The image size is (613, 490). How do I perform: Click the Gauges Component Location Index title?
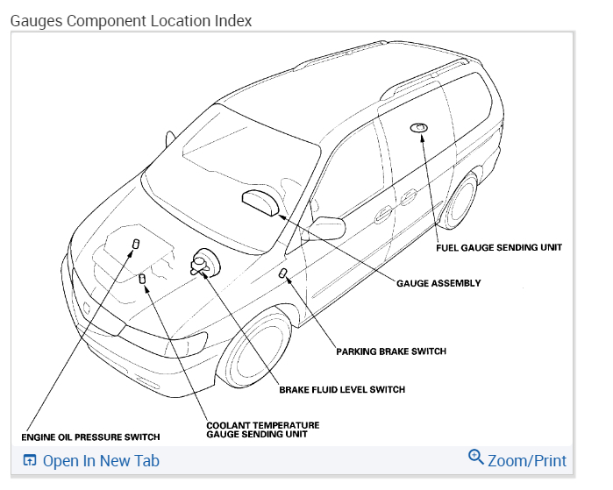[x=131, y=20]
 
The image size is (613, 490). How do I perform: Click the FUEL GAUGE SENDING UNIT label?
[x=499, y=247]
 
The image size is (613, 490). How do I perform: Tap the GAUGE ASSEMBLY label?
[x=438, y=283]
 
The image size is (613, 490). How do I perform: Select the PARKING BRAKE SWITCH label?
[x=391, y=352]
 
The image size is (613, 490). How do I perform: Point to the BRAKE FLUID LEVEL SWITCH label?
[x=342, y=389]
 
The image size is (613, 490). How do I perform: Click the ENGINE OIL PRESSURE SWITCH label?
[x=90, y=437]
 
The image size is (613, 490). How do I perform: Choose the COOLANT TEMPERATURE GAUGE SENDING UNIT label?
[x=262, y=430]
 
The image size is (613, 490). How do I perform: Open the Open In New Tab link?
[x=101, y=460]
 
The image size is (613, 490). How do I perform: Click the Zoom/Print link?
[x=527, y=460]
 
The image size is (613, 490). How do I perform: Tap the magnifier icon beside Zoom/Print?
[x=476, y=458]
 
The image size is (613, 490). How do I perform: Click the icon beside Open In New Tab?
[x=30, y=460]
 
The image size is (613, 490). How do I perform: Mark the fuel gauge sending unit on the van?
[x=419, y=128]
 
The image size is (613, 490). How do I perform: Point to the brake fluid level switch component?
[x=203, y=262]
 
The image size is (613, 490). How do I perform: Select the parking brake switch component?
[x=283, y=274]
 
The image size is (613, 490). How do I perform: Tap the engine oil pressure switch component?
[x=136, y=243]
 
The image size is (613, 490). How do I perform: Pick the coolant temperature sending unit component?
[x=142, y=279]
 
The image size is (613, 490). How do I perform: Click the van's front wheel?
[x=257, y=346]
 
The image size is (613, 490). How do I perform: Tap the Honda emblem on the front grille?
[x=87, y=309]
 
